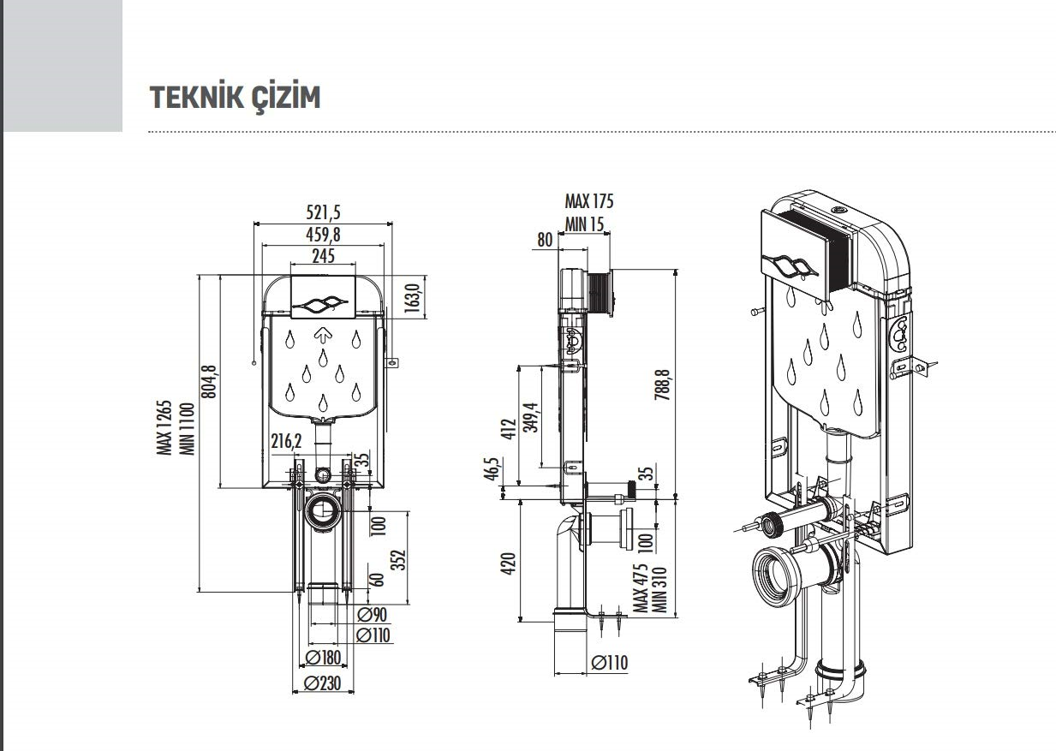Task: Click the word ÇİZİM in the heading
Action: click(x=287, y=98)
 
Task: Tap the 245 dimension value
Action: click(x=323, y=255)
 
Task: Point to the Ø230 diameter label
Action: click(x=323, y=684)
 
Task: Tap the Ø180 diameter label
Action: click(x=323, y=658)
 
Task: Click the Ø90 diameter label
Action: click(x=372, y=614)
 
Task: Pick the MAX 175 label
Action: click(x=588, y=202)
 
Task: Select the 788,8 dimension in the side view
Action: click(x=663, y=386)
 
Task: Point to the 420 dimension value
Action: click(x=508, y=563)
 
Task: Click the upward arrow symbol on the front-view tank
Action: click(x=323, y=335)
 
